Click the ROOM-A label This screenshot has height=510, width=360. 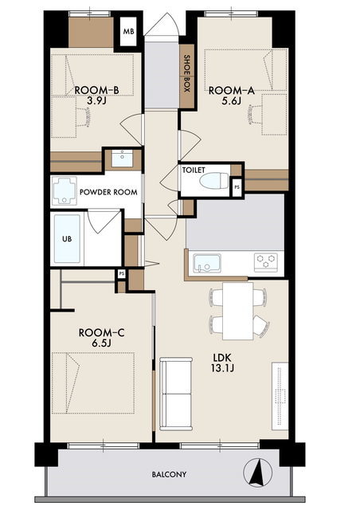pos(231,90)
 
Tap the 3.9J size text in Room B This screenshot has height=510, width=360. pos(97,101)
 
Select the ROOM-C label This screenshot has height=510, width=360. pos(101,333)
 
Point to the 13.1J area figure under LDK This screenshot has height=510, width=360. pos(222,368)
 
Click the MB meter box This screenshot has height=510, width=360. pos(128,32)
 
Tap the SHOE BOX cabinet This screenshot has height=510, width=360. pos(186,76)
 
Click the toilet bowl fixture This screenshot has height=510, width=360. pos(214,181)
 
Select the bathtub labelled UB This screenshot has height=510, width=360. pos(67,238)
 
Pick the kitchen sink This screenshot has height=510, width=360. pos(207,263)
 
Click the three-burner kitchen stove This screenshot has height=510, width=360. pos(266,262)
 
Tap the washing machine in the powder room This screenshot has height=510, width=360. pos(64,191)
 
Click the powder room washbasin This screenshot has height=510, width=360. pos(122,159)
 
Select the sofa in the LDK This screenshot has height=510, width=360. pos(175,394)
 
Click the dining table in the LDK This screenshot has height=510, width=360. pos(237,311)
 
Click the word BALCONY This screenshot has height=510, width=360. pos(169,474)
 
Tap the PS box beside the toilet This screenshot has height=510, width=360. pos(237,187)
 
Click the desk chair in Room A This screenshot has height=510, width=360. pos(254,115)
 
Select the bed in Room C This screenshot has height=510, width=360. pos(93,382)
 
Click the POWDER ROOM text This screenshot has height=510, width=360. pos(108,192)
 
